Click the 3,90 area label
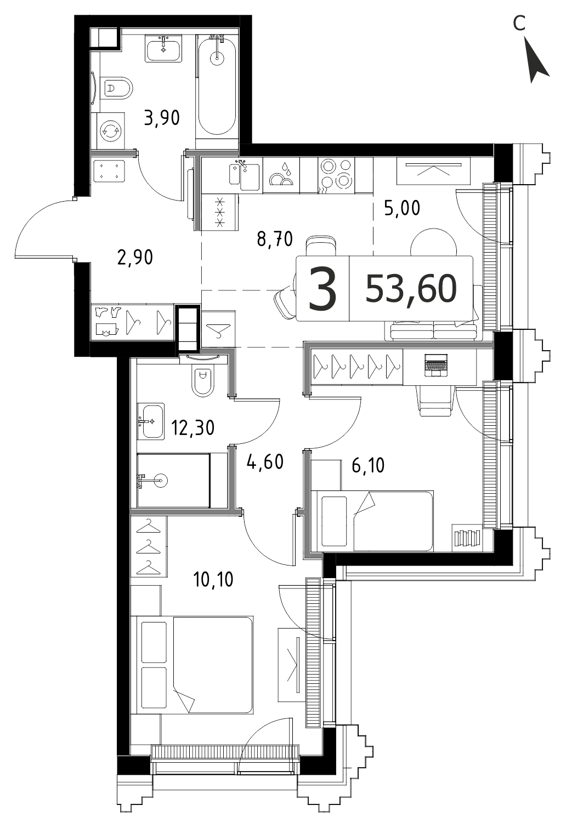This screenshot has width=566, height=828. tap(162, 118)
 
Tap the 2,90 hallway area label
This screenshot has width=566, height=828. tap(135, 257)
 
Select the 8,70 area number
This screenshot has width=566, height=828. tap(275, 239)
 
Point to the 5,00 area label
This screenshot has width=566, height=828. tap(402, 208)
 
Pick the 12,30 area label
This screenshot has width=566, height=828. tap(193, 428)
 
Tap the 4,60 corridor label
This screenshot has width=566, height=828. tap(265, 462)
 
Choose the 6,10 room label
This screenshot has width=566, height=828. tap(368, 465)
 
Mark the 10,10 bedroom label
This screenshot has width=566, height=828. tap(213, 579)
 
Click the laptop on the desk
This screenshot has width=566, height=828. tap(436, 365)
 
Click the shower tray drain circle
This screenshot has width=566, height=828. tap(161, 481)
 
